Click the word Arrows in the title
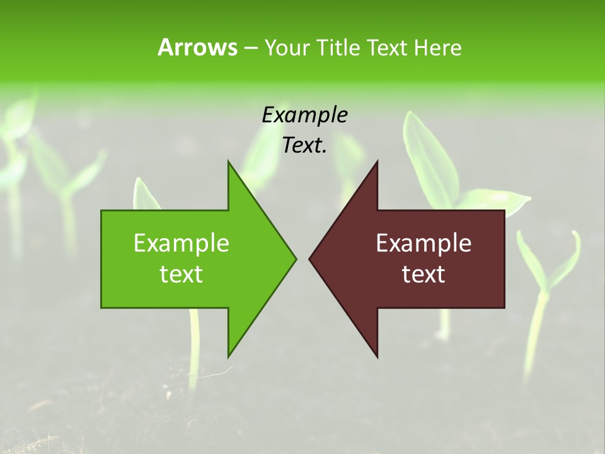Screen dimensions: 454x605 point(197,47)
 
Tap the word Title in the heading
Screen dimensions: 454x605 point(339,47)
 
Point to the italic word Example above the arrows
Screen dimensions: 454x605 point(304,115)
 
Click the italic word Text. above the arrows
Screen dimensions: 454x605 point(304,146)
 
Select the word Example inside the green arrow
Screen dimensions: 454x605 point(181,243)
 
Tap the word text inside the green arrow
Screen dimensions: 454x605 point(181,274)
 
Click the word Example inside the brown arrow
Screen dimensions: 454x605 point(423,243)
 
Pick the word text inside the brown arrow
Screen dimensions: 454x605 point(423,274)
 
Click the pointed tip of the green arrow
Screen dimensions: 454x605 point(295,259)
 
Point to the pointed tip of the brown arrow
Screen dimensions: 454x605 point(310,259)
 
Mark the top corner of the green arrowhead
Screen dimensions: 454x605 point(228,162)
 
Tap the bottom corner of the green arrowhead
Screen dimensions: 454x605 point(228,356)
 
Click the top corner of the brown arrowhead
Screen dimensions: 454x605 point(377,162)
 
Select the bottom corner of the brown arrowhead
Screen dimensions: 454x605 point(377,356)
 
